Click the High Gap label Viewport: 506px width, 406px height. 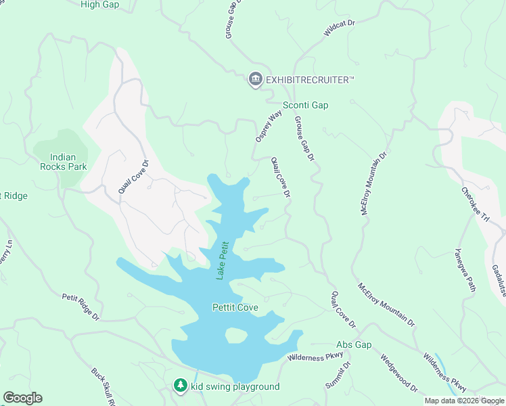(x=99, y=5)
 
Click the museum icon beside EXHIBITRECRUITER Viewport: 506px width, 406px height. (x=255, y=80)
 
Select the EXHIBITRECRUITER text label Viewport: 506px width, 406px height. (x=310, y=81)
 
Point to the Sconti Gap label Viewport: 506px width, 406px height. (x=305, y=105)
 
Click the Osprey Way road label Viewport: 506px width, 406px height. (x=268, y=127)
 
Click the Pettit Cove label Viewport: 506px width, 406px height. (x=235, y=308)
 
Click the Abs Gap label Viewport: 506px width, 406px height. (x=354, y=345)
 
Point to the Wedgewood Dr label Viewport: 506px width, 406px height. (x=398, y=374)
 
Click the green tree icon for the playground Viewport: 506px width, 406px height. (x=180, y=386)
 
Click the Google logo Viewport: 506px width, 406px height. (x=22, y=398)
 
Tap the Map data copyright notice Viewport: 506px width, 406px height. (x=463, y=401)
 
